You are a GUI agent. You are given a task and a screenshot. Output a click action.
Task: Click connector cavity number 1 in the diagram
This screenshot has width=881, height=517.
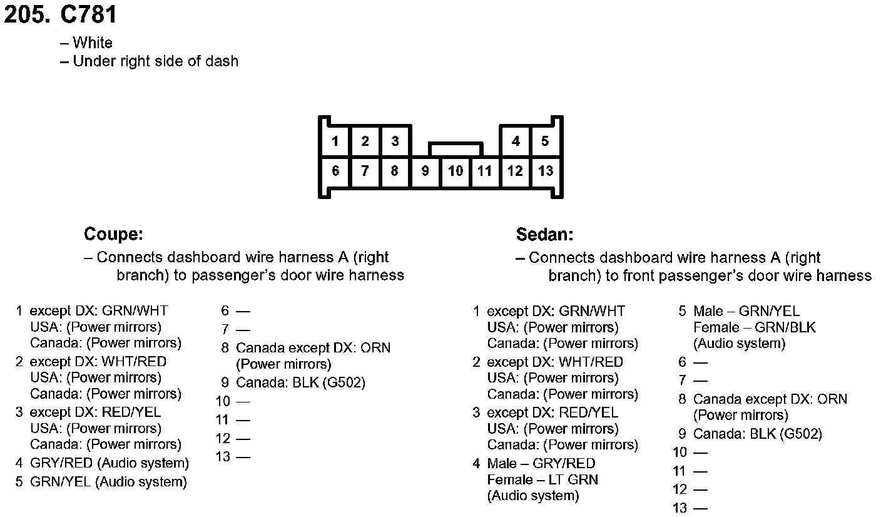pos(335,141)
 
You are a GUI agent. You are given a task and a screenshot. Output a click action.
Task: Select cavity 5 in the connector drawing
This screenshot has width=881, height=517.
pos(545,141)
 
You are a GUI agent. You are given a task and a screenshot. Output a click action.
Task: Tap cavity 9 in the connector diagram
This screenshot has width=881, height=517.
pos(425,171)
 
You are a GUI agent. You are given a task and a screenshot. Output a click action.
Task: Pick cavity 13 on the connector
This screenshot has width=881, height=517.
pos(546,171)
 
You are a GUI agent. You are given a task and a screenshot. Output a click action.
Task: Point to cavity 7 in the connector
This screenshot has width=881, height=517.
pos(365,171)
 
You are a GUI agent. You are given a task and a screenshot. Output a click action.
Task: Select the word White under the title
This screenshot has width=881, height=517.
pos(93,43)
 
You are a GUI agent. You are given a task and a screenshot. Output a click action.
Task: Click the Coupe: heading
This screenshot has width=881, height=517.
pos(114,235)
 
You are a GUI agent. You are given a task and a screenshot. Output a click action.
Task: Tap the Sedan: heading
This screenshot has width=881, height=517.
pos(544,235)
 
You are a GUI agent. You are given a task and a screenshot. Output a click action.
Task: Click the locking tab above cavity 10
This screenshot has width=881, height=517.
pos(456,149)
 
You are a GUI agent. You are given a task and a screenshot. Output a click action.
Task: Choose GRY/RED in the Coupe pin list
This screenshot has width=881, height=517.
pos(61,464)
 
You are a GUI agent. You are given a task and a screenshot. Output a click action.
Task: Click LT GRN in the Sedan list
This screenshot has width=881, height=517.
pos(573,480)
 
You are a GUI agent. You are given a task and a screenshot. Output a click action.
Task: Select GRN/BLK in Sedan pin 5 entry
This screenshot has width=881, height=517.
pos(785,327)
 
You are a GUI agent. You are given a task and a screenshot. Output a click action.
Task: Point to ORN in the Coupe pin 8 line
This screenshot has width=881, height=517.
pos(376,348)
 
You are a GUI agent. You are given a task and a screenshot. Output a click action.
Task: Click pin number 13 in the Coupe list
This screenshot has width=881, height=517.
pos(223,457)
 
